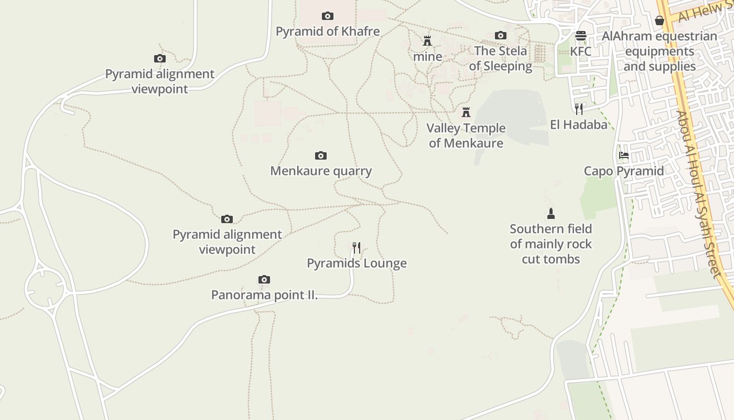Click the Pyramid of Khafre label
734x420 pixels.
coord(328,31)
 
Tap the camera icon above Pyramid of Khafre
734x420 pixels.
coord(328,16)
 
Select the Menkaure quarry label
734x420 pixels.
coord(321,171)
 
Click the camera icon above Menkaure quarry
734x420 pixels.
coord(321,156)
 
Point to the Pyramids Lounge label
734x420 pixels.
coord(357,263)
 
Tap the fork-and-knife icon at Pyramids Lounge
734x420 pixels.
coord(357,247)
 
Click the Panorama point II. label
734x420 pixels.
coord(264,295)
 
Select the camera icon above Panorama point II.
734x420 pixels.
coord(264,280)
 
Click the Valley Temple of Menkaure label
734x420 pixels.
coord(466,135)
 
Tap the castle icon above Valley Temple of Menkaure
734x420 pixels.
coord(466,112)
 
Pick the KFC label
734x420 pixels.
coord(580,51)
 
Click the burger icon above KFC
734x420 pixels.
coord(580,36)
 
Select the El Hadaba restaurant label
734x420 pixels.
coord(578,124)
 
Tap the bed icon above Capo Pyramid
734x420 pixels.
coord(623,155)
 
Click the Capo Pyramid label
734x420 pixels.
coord(623,171)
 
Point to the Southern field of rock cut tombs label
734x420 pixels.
coord(550,244)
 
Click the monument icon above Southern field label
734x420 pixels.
coord(550,214)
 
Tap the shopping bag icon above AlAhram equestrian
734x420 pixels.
coord(660,21)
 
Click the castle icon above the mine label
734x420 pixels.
coord(427,41)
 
